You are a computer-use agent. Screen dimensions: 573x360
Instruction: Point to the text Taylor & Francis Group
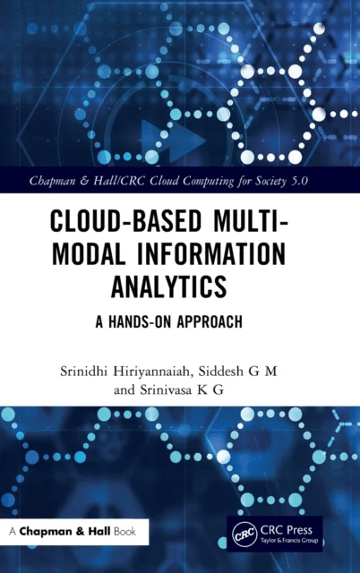[x=286, y=540]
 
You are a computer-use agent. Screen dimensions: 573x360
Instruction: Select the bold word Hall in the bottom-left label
[x=99, y=531]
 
